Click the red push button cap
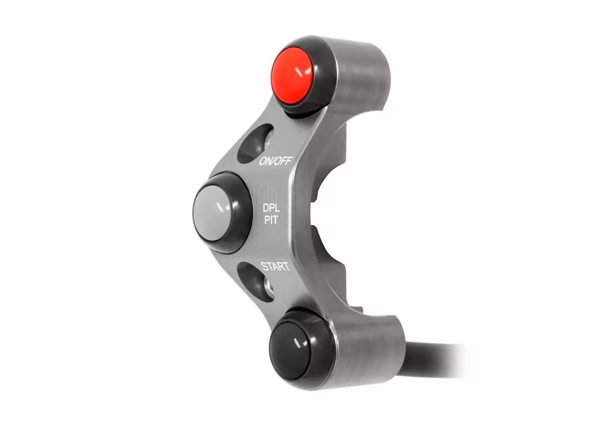pyautogui.click(x=293, y=76)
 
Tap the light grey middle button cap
pyautogui.click(x=212, y=213)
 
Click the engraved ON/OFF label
pyautogui.click(x=276, y=161)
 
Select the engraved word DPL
pyautogui.click(x=271, y=208)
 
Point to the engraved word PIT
pyautogui.click(x=271, y=220)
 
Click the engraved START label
pyautogui.click(x=275, y=266)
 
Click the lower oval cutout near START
pyautogui.click(x=256, y=281)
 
